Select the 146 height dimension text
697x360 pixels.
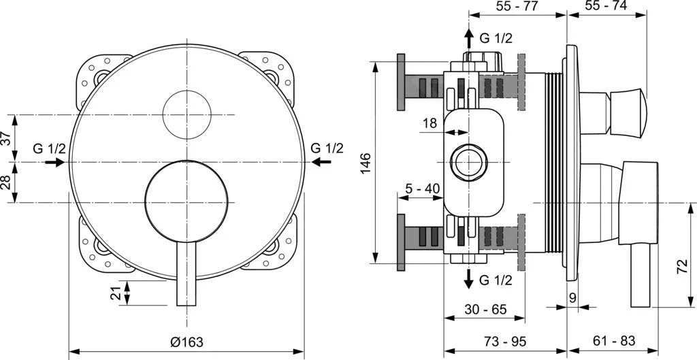pos(365,164)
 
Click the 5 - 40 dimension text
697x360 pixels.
pos(423,188)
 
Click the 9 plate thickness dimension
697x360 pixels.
pos(572,297)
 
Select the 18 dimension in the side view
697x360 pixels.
pos(429,123)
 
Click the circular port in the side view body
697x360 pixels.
pos(468,163)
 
